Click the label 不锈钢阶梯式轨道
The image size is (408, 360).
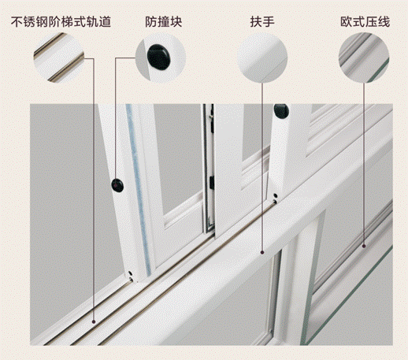click(61, 21)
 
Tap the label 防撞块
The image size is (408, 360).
click(164, 21)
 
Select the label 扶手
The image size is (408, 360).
click(262, 21)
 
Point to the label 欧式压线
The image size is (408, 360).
click(365, 21)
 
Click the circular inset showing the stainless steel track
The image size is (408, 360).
click(59, 58)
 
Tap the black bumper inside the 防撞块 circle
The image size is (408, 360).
click(158, 57)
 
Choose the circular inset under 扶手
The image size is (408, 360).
click(262, 58)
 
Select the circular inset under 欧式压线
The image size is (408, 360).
click(364, 58)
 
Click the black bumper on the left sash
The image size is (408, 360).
click(117, 185)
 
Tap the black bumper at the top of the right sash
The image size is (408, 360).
click(281, 110)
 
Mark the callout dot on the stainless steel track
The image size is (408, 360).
click(94, 321)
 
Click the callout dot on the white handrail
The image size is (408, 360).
click(262, 252)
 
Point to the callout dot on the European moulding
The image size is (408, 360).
click(364, 246)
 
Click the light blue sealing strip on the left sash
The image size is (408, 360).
click(139, 189)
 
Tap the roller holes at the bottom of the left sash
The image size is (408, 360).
click(131, 275)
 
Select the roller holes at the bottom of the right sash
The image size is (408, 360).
click(275, 199)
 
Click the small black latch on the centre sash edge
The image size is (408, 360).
click(212, 183)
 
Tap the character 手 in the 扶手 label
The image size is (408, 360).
click(269, 21)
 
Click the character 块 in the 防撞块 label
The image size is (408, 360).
click(176, 21)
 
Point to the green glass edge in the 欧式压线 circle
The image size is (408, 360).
click(377, 70)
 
